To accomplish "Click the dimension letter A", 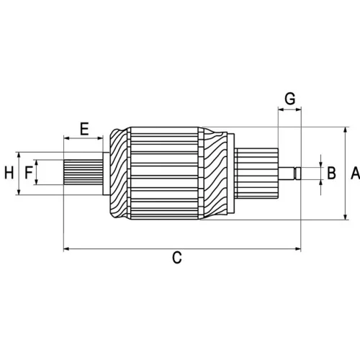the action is pos(355,174).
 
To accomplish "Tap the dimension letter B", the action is pos(331,174).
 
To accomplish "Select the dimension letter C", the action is pos(177,258).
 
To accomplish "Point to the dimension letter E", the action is pos(84,129).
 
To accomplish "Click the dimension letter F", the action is pos(29,173).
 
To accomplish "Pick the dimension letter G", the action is pos(290,99).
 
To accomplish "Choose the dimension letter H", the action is pos(9,173).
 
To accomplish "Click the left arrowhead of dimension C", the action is pos(66,249).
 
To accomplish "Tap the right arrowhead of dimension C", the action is pos(298,249).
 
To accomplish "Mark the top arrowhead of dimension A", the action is pos(346,130).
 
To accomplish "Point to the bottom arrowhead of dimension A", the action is pos(346,217).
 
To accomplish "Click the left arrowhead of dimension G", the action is pos(281,109).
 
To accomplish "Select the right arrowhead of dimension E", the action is pos(100,138).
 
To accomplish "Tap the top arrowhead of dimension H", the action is pos(19,155).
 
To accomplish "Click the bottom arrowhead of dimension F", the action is pos(36,181).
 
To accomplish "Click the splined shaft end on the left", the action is pos(83,172).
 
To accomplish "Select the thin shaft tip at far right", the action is pos(289,174).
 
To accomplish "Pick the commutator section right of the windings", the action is pos(256,174).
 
